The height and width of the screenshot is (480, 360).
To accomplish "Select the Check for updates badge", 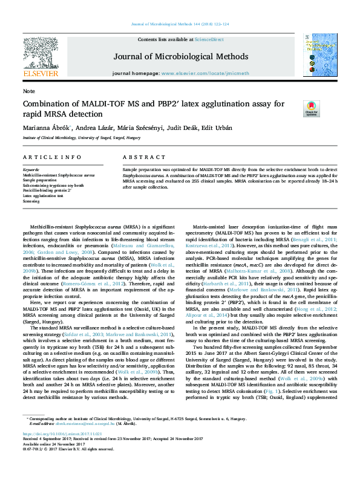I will coord(294,108).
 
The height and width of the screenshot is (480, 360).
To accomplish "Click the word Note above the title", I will coord(28,91).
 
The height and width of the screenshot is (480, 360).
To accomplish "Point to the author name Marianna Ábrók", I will coord(46,128).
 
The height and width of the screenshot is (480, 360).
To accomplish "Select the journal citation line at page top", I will coord(180,24).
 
